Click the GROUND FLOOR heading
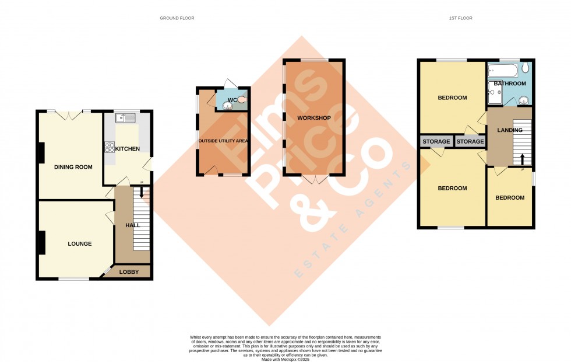click(177, 18)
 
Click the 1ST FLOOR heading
click(460, 18)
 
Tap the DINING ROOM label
click(73, 167)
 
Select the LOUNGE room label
click(79, 243)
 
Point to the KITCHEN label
click(128, 149)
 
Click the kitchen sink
click(125, 119)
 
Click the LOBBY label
click(129, 272)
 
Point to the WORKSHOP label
click(314, 119)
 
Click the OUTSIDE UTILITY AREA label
click(223, 141)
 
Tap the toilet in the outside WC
click(242, 100)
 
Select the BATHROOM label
click(510, 83)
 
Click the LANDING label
click(510, 130)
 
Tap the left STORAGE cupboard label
click(436, 142)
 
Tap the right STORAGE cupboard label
click(470, 142)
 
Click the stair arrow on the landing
click(522, 158)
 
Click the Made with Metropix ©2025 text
click(285, 358)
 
